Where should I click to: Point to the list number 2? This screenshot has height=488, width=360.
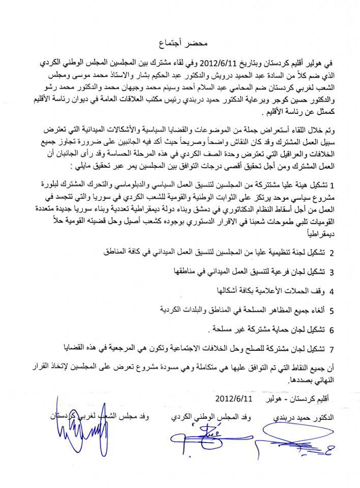(331, 253)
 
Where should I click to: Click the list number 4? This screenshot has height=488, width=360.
(331, 292)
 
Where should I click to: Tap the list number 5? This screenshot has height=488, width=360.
(331, 311)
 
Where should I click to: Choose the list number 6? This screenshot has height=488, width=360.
(331, 330)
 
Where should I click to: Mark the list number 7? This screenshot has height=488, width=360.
(331, 349)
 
